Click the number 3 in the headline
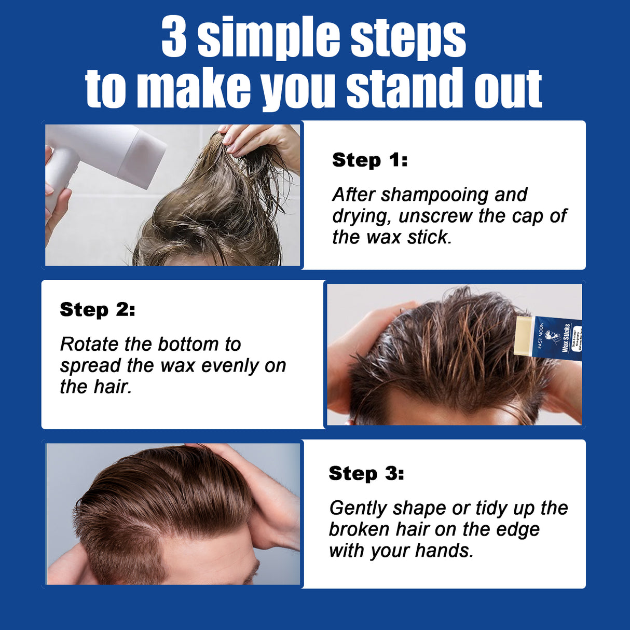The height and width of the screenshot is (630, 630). [174, 37]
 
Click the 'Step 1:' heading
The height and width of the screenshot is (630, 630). [369, 160]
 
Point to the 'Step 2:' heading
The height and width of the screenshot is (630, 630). [97, 309]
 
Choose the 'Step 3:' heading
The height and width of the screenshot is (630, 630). [366, 473]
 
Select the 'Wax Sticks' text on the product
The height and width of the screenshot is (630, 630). [566, 338]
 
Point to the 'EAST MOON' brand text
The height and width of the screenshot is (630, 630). [541, 336]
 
